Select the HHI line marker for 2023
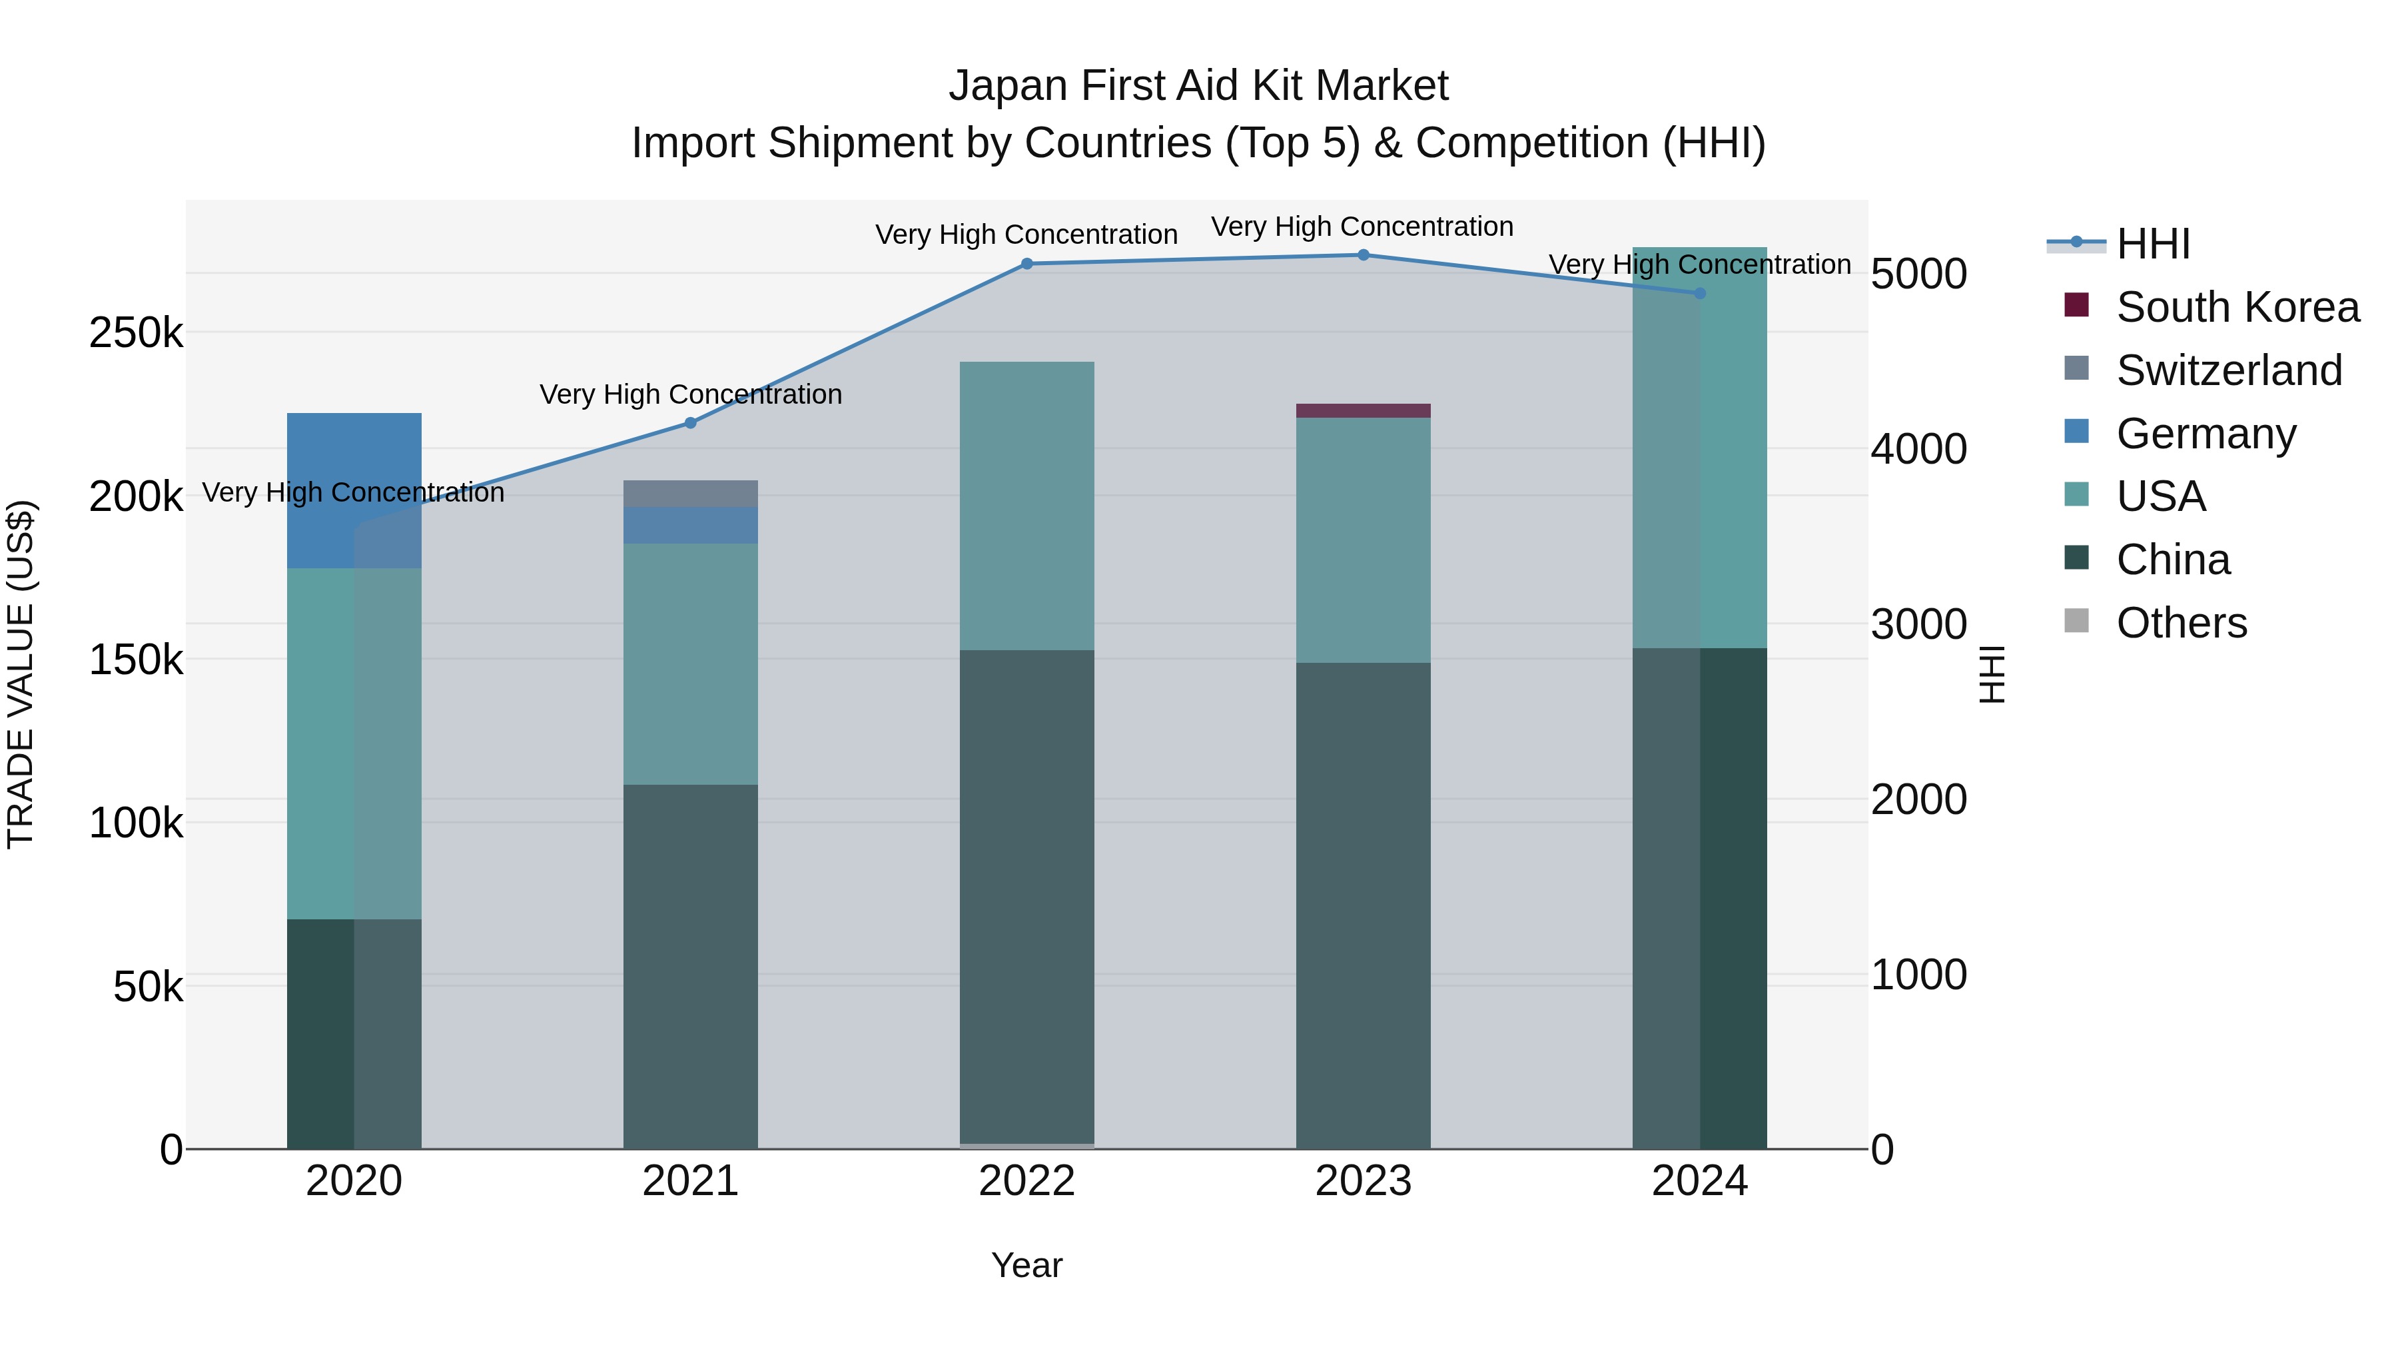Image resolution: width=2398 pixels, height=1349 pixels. coord(1363,255)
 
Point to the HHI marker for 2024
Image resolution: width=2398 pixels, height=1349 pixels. coord(1700,293)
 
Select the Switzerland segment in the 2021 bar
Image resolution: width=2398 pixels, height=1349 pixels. coord(691,494)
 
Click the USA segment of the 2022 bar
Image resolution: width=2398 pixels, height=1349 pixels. coord(1026,506)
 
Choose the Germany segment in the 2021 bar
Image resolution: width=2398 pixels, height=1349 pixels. coord(691,525)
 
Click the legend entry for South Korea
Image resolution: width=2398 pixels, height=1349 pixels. coord(2236,307)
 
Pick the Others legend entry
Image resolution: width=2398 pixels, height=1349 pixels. coord(2181,623)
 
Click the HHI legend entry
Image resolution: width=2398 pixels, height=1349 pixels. coord(2152,244)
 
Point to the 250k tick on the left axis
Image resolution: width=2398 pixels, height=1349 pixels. coord(136,333)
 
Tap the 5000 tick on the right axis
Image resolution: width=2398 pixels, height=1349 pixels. coord(1918,274)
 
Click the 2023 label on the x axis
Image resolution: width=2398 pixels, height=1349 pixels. coord(1363,1181)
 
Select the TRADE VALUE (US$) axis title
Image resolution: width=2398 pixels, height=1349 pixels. coord(21,674)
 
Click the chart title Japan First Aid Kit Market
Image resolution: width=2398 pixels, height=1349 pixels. coord(1198,86)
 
